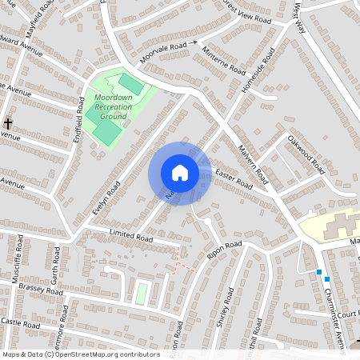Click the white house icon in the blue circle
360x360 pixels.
coord(180,173)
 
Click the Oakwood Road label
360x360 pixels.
coord(308,155)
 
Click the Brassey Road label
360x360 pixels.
coord(42,288)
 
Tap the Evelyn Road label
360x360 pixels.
coord(105,196)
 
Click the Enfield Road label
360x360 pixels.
coord(80,115)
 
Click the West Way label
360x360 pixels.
coord(300,16)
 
